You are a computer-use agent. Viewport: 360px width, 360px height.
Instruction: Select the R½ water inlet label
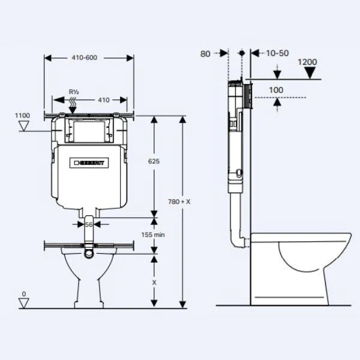click(x=74, y=92)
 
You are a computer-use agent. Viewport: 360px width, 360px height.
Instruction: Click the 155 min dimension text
click(x=154, y=235)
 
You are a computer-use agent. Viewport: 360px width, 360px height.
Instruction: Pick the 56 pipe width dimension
click(x=89, y=224)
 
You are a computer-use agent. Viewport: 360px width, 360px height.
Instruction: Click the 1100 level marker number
click(x=22, y=115)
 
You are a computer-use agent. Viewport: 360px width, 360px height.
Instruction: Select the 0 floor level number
click(x=23, y=294)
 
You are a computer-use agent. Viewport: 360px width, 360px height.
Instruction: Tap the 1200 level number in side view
click(x=307, y=62)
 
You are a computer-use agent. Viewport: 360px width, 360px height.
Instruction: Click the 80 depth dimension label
click(x=205, y=53)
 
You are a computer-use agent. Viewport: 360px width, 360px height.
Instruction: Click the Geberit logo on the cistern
click(x=89, y=163)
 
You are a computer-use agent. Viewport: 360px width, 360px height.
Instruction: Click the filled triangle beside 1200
click(x=310, y=73)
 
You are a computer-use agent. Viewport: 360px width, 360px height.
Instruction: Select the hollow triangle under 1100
click(x=24, y=126)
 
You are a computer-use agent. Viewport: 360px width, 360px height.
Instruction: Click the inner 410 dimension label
click(x=103, y=100)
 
